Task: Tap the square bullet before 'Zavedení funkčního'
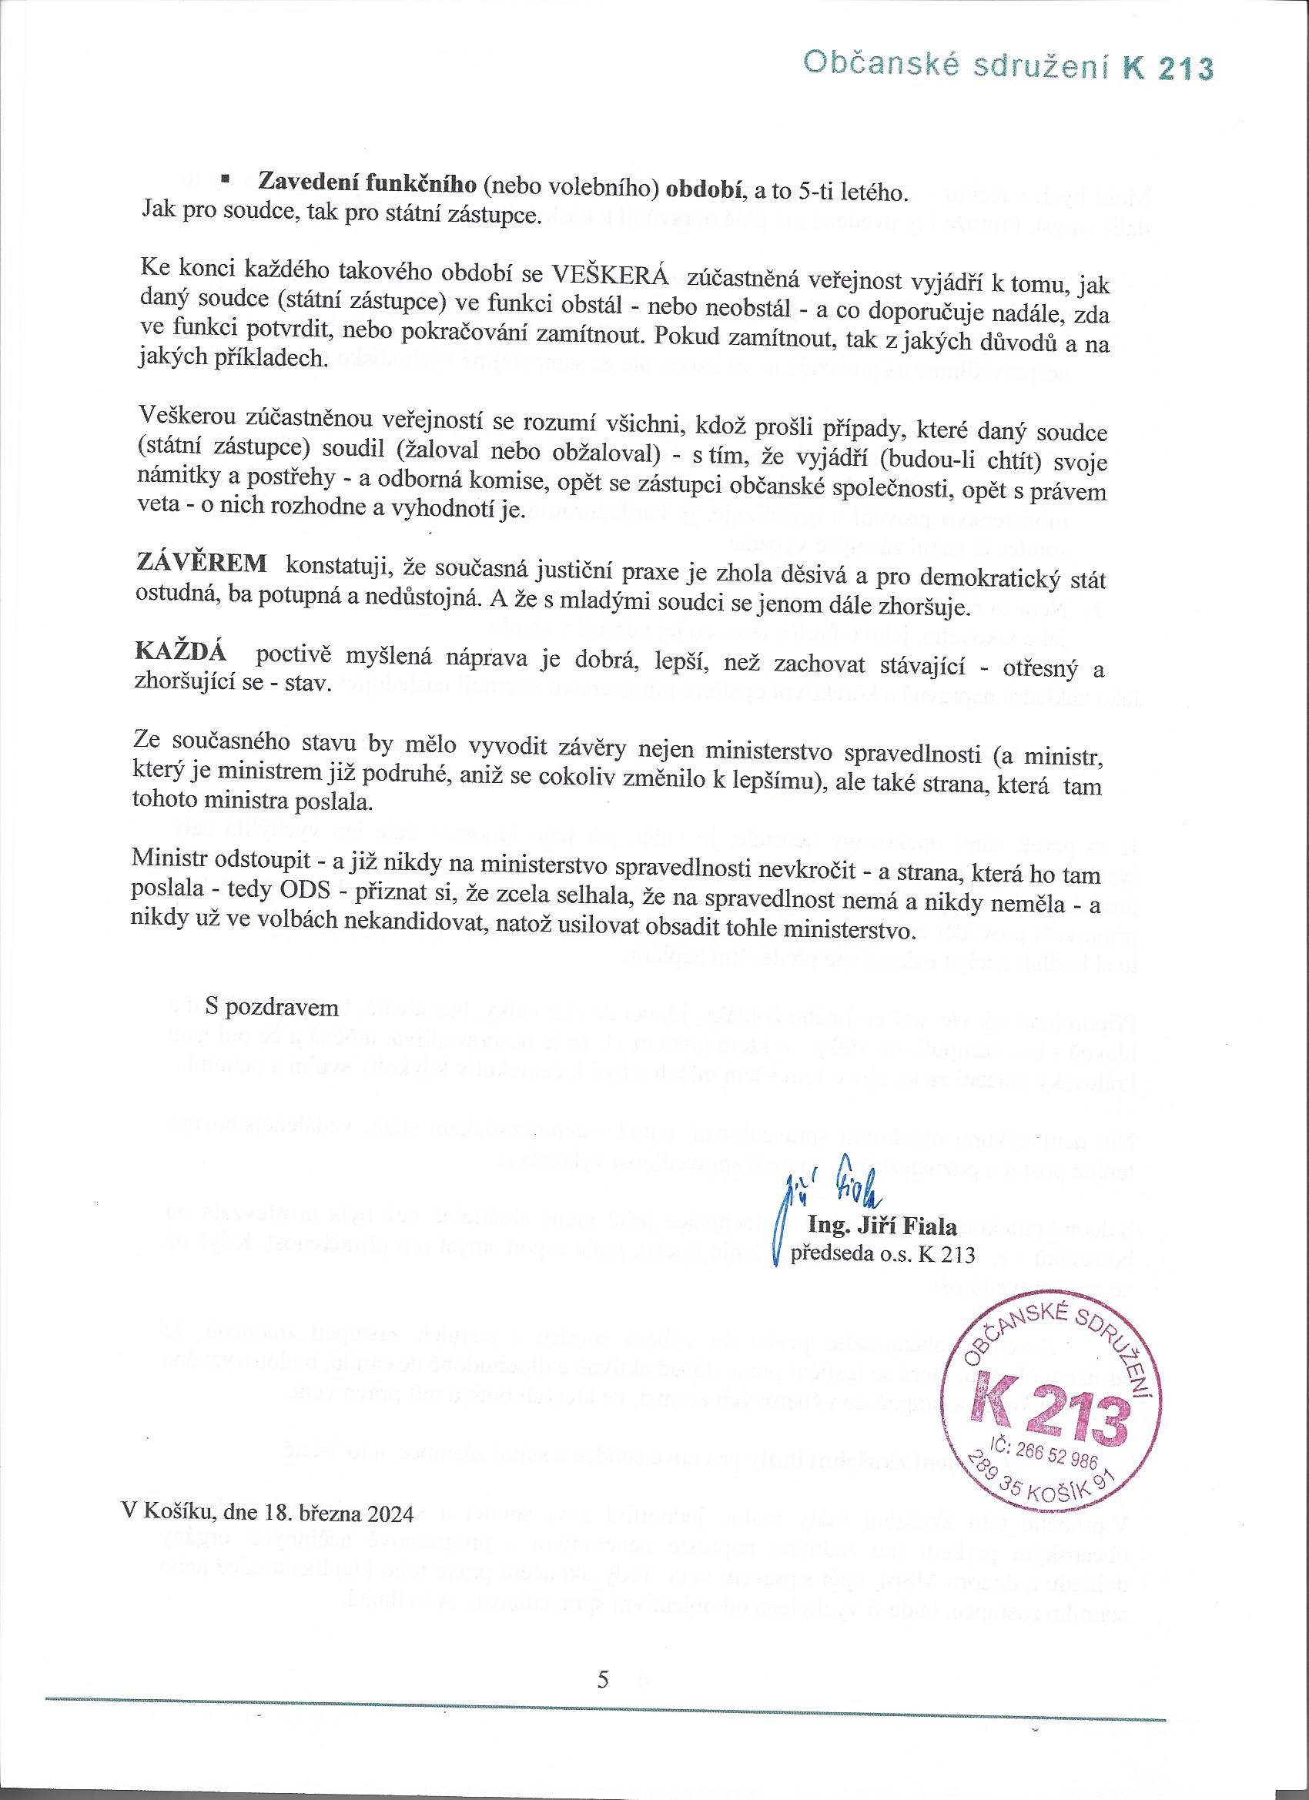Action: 225,179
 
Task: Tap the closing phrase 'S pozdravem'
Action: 272,1008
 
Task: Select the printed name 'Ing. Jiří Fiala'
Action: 881,1227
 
